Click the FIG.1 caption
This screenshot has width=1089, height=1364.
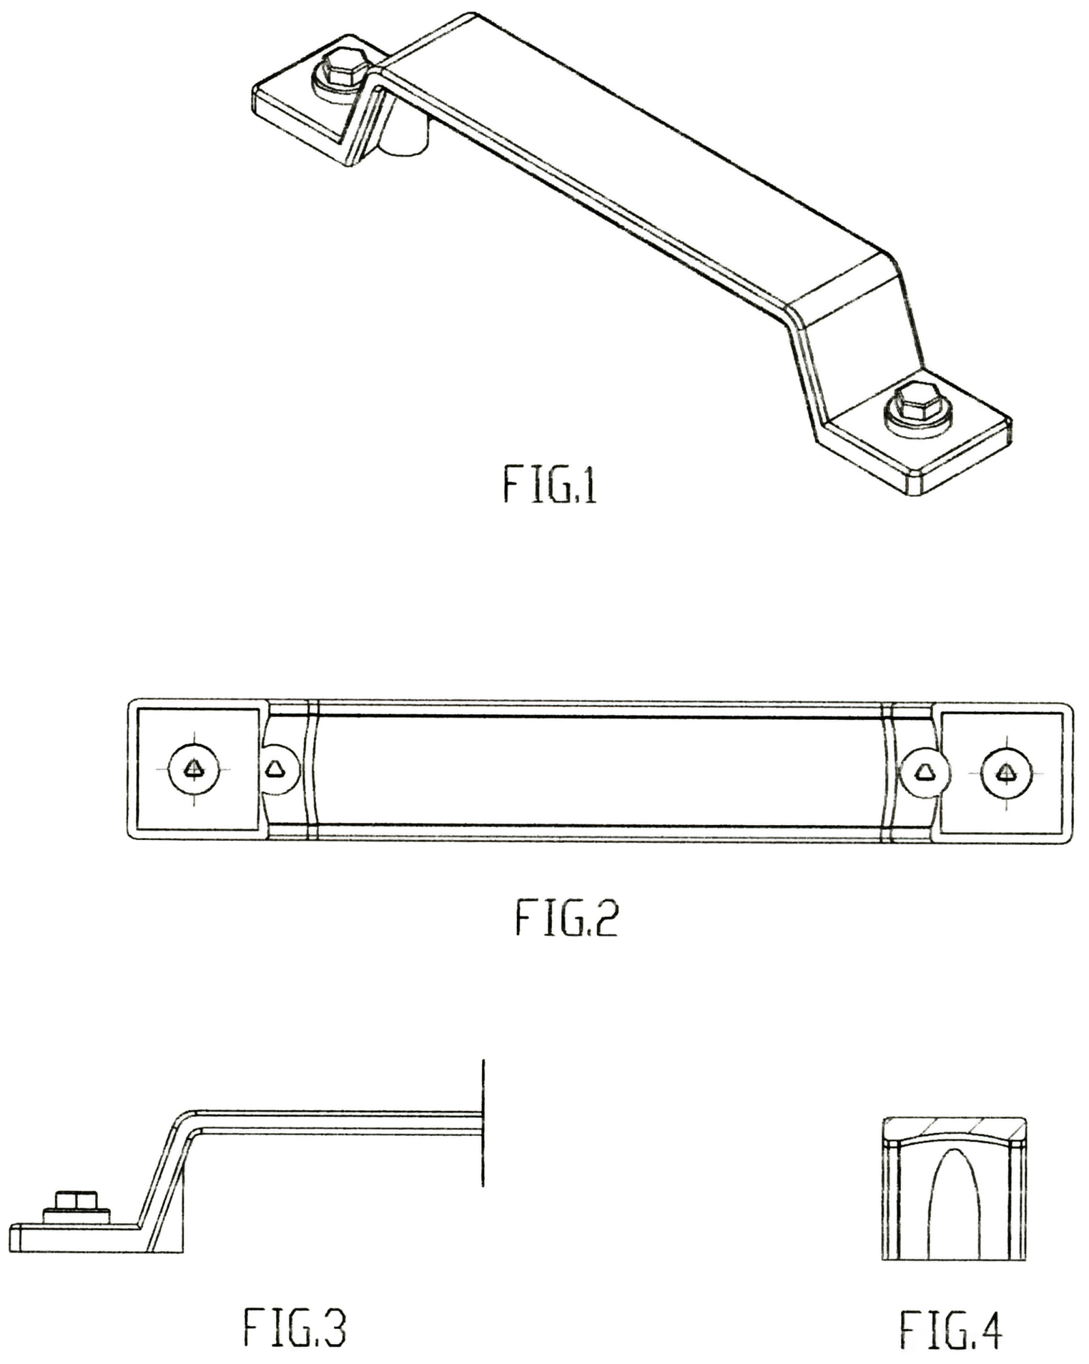pos(550,484)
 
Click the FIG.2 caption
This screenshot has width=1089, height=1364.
pos(566,919)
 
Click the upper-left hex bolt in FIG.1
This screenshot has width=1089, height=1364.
pos(343,71)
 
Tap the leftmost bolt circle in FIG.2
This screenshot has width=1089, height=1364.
pos(194,769)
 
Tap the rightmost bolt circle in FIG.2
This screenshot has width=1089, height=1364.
pos(1005,772)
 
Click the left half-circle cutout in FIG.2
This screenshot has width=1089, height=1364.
pos(279,769)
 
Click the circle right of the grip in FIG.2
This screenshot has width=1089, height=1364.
pos(925,772)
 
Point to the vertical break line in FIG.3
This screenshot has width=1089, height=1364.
pos(483,1123)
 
